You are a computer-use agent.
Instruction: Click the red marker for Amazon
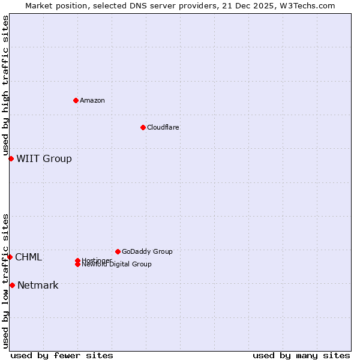76,100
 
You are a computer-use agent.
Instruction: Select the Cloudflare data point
143,127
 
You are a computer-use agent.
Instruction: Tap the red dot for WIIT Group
11,158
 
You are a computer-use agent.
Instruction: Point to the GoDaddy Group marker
118,251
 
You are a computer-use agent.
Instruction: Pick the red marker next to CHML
10,257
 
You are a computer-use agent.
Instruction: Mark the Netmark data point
12,285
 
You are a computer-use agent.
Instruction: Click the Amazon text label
92,100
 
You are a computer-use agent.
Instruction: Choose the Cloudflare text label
163,127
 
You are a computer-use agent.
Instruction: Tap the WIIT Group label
44,158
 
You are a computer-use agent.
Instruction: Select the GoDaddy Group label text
147,251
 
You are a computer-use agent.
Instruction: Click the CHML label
28,257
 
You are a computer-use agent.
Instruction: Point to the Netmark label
38,285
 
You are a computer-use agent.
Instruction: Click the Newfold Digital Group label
116,264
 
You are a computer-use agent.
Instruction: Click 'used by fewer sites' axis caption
62,355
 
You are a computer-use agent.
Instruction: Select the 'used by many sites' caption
301,355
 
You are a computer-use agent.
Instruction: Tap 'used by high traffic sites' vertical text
5,85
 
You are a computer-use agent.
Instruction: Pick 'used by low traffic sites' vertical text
5,280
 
